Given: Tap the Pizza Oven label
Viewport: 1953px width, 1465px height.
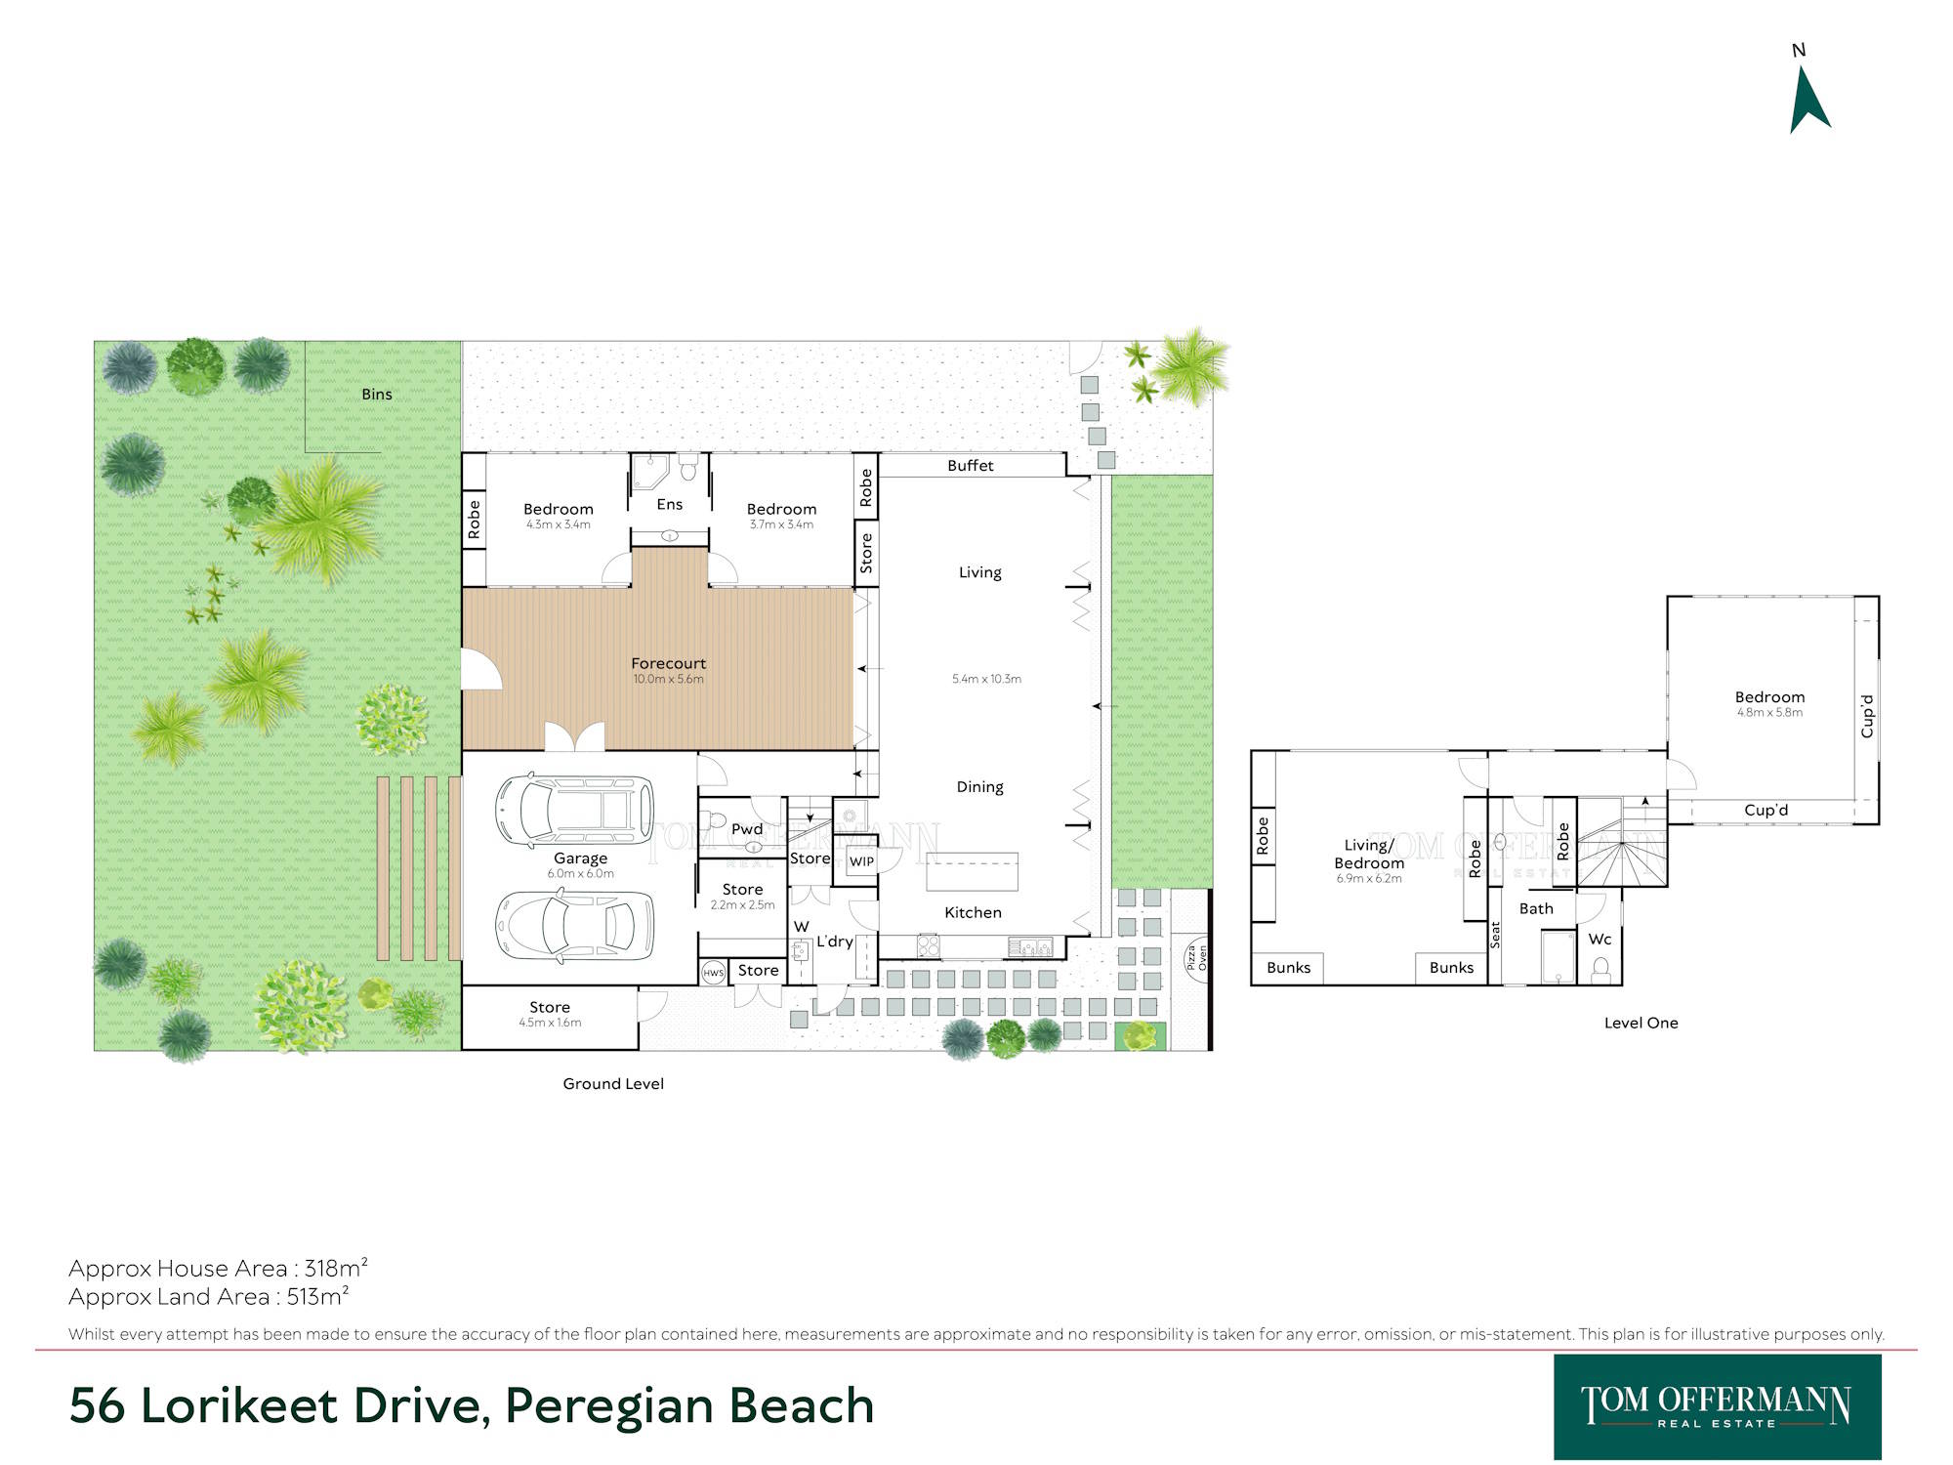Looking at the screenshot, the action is (1197, 957).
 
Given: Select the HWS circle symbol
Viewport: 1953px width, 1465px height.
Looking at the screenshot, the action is (714, 973).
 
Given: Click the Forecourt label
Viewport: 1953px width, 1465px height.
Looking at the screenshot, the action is (668, 663).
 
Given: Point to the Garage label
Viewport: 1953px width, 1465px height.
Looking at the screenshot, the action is (580, 858).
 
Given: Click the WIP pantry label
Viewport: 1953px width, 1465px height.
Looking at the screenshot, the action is (861, 861).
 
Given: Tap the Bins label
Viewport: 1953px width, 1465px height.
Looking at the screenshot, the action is (377, 395).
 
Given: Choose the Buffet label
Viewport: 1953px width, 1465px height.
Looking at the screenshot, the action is (971, 466).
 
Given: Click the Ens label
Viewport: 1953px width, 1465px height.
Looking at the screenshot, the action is (670, 504).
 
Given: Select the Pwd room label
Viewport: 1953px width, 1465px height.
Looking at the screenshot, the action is (747, 829).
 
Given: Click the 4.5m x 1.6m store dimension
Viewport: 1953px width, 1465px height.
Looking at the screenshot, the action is (550, 1023).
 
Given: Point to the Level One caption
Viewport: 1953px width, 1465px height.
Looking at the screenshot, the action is (1641, 1023).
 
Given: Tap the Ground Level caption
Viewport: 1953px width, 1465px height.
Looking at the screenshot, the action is (613, 1083).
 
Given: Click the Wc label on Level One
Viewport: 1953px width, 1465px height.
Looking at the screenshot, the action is (1600, 939).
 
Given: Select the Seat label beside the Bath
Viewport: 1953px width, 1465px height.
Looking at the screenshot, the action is (1495, 935).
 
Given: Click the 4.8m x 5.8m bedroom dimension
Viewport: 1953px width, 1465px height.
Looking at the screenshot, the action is (1769, 712).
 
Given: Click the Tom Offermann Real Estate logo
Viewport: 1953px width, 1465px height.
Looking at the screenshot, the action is (1717, 1406).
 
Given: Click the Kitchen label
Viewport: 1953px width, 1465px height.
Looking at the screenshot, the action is (973, 912).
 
